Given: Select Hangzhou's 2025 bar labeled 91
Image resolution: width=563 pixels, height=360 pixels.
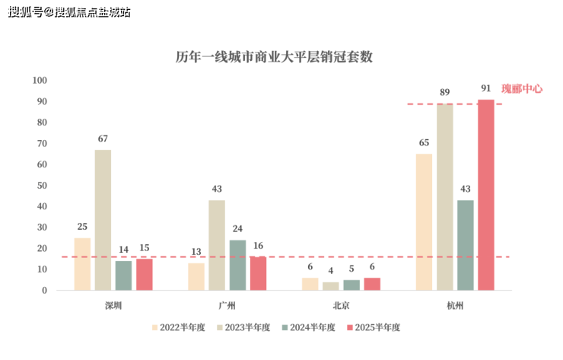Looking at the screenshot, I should click(x=485, y=195).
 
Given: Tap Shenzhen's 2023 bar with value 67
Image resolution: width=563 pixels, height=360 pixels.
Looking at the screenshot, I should click(x=103, y=220).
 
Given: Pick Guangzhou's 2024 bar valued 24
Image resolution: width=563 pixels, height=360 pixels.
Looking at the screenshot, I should click(x=237, y=265).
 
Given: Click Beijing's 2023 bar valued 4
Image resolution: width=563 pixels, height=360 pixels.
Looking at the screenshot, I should click(x=330, y=286).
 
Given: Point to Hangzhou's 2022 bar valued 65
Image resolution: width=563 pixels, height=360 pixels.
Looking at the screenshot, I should click(x=424, y=221).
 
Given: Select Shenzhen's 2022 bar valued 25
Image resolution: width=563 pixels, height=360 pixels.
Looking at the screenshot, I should click(x=82, y=264).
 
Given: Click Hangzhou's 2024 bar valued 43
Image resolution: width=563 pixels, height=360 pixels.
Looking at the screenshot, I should click(x=465, y=245).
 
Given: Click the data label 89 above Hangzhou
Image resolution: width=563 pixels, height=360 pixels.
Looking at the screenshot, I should click(x=444, y=92).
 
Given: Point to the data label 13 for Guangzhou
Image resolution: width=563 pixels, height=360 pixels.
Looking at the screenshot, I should click(x=196, y=252).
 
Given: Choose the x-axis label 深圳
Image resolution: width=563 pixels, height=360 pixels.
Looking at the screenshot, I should click(x=113, y=306).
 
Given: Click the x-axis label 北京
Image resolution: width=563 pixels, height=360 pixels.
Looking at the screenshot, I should click(x=341, y=306).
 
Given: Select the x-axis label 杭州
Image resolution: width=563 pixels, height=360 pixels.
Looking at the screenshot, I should click(x=455, y=306).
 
